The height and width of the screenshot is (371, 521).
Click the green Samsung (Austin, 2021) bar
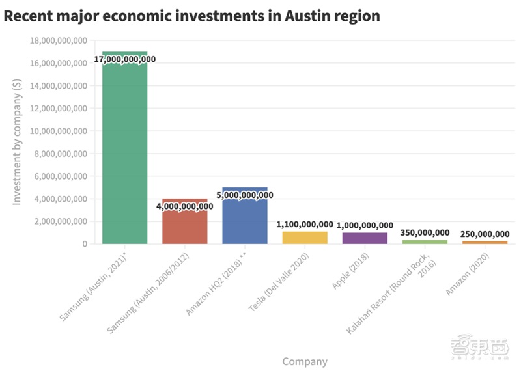[124, 150]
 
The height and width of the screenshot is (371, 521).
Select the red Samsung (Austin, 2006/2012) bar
[185, 225]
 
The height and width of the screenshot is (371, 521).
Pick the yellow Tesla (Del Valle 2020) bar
[305, 238]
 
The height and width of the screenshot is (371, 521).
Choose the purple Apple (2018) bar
[365, 238]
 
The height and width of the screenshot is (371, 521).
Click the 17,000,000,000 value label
[124, 59]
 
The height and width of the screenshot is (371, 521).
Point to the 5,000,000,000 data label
[245, 195]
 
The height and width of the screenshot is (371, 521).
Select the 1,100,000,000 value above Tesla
[305, 224]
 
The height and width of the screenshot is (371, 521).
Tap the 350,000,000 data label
[425, 232]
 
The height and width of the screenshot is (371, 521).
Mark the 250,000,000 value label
[485, 234]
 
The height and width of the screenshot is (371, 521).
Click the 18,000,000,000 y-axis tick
[59, 41]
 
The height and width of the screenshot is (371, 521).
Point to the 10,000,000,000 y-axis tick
[59, 131]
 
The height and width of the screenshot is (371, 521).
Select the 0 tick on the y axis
[84, 244]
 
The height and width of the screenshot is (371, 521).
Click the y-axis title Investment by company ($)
[18, 142]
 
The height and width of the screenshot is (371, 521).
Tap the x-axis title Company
[305, 361]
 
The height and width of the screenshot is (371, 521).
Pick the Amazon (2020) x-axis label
[468, 274]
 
